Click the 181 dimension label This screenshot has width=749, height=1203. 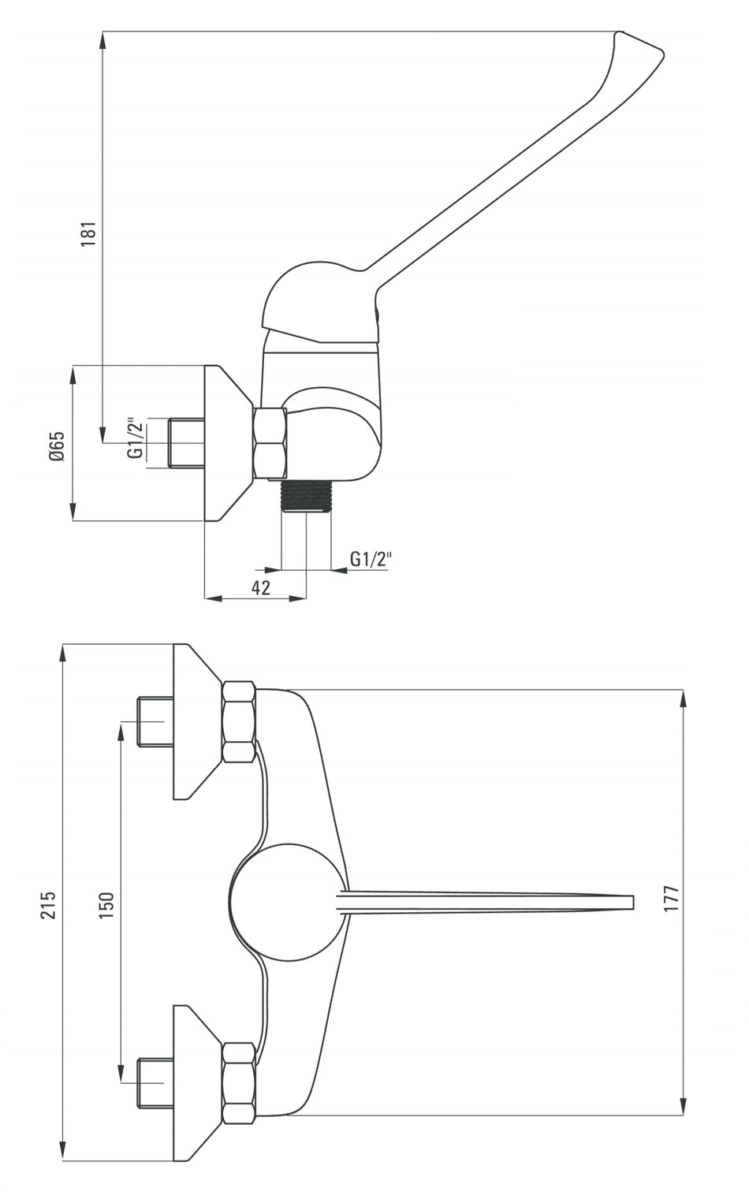[x=89, y=233]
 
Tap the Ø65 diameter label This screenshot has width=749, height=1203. [x=55, y=446]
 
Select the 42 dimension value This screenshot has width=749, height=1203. [x=261, y=587]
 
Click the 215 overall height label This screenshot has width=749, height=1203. [x=48, y=905]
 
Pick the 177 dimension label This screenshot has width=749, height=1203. [x=671, y=899]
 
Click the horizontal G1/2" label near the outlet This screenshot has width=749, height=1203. [x=371, y=559]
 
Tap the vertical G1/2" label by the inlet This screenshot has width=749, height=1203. [x=136, y=439]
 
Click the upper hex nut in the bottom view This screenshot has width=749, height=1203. [x=239, y=722]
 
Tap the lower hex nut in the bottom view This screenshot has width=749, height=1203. [x=239, y=1082]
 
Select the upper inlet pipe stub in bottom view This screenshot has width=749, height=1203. [x=155, y=721]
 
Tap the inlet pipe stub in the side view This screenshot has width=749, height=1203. [x=187, y=443]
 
